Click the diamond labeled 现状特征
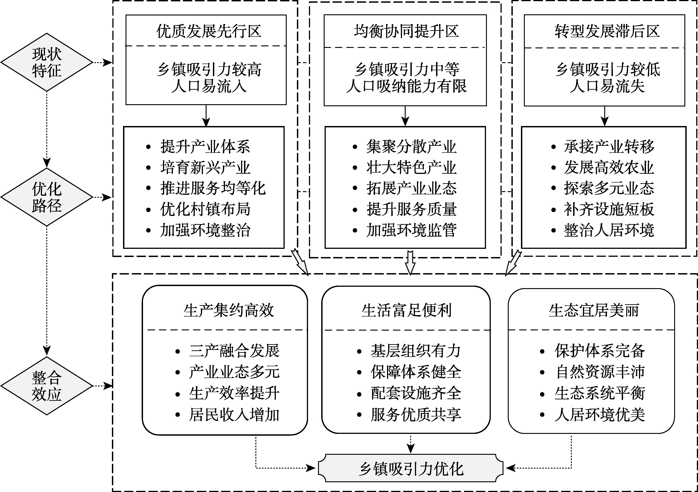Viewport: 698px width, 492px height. click(x=47, y=62)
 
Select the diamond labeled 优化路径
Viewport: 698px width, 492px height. click(x=47, y=197)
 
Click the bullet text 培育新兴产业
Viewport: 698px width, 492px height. click(x=205, y=168)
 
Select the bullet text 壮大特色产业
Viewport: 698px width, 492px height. click(x=411, y=168)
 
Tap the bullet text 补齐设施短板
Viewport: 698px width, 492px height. click(x=609, y=209)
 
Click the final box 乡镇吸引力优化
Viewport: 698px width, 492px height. click(x=411, y=469)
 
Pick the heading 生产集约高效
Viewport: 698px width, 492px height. click(x=229, y=310)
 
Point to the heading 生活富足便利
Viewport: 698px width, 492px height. click(x=407, y=310)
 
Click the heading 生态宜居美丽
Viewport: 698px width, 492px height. click(x=594, y=310)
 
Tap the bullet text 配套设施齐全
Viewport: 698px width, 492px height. click(x=416, y=393)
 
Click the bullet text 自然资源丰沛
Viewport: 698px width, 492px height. click(x=600, y=372)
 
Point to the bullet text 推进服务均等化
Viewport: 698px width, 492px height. click(x=213, y=188)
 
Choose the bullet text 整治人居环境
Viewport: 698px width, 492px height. click(x=609, y=230)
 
